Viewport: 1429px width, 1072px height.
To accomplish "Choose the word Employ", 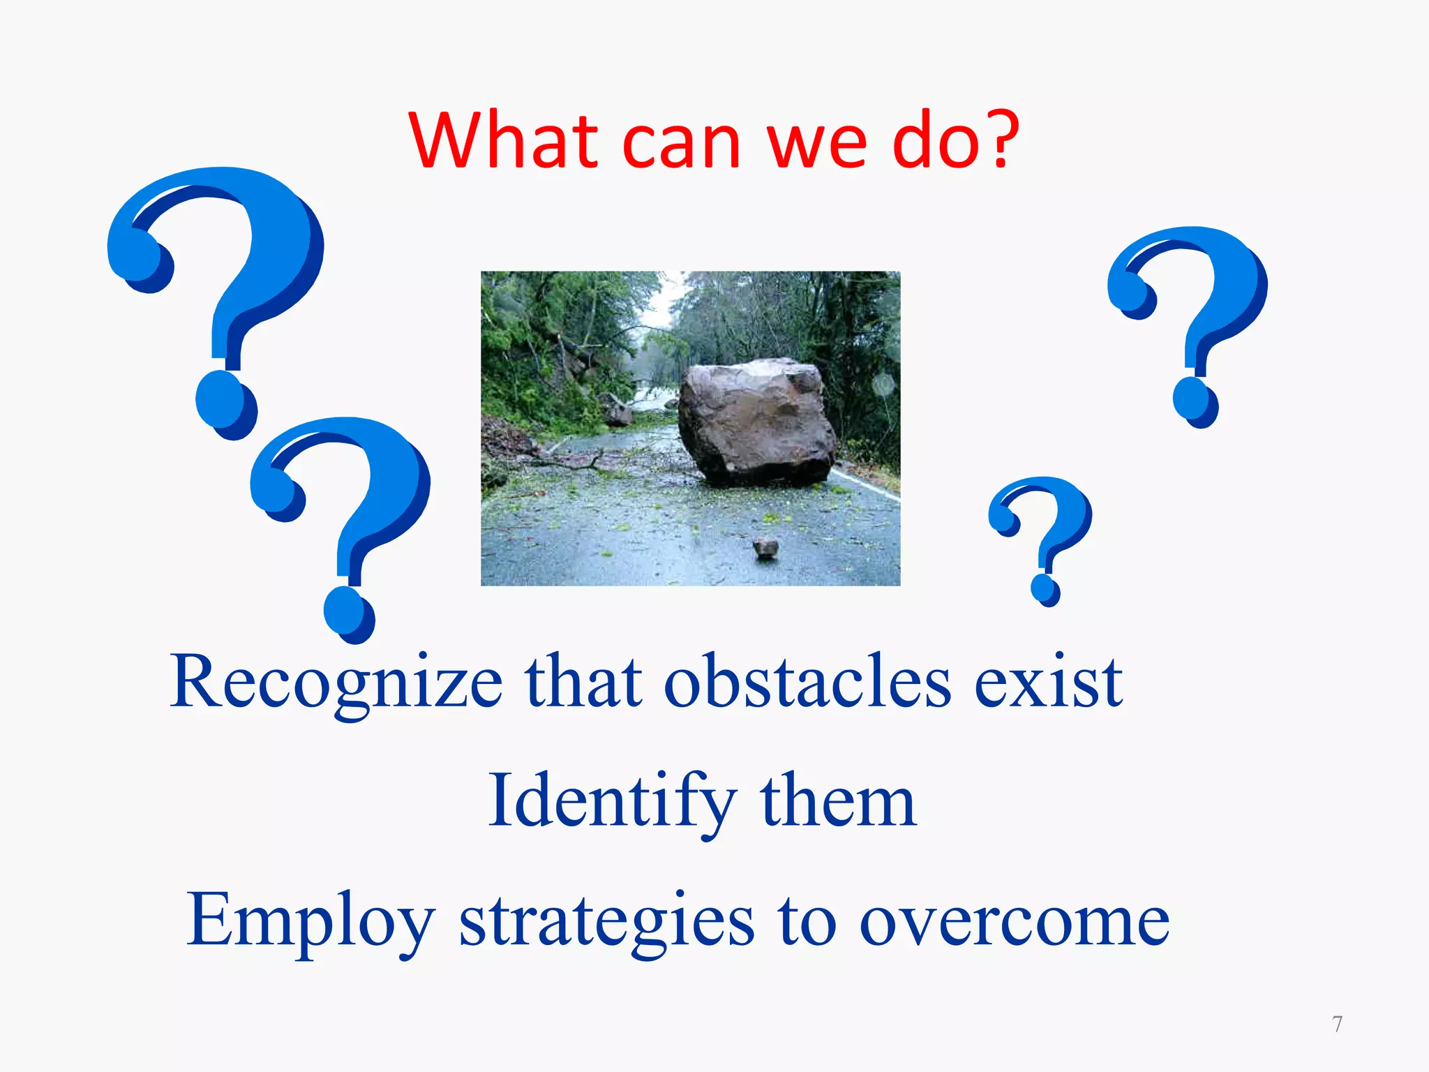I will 311,921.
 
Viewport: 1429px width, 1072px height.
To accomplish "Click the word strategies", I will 607,921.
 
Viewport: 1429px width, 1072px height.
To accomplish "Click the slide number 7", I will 1337,1024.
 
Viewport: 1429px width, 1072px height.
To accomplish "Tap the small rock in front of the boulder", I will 765,548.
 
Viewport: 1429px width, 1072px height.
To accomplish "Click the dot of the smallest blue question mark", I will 1045,589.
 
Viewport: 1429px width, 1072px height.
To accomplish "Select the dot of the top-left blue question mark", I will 225,403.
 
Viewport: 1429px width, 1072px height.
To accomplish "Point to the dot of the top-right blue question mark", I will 1195,401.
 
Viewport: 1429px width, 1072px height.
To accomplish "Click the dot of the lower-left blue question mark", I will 347,613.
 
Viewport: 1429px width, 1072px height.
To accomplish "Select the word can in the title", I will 681,143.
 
